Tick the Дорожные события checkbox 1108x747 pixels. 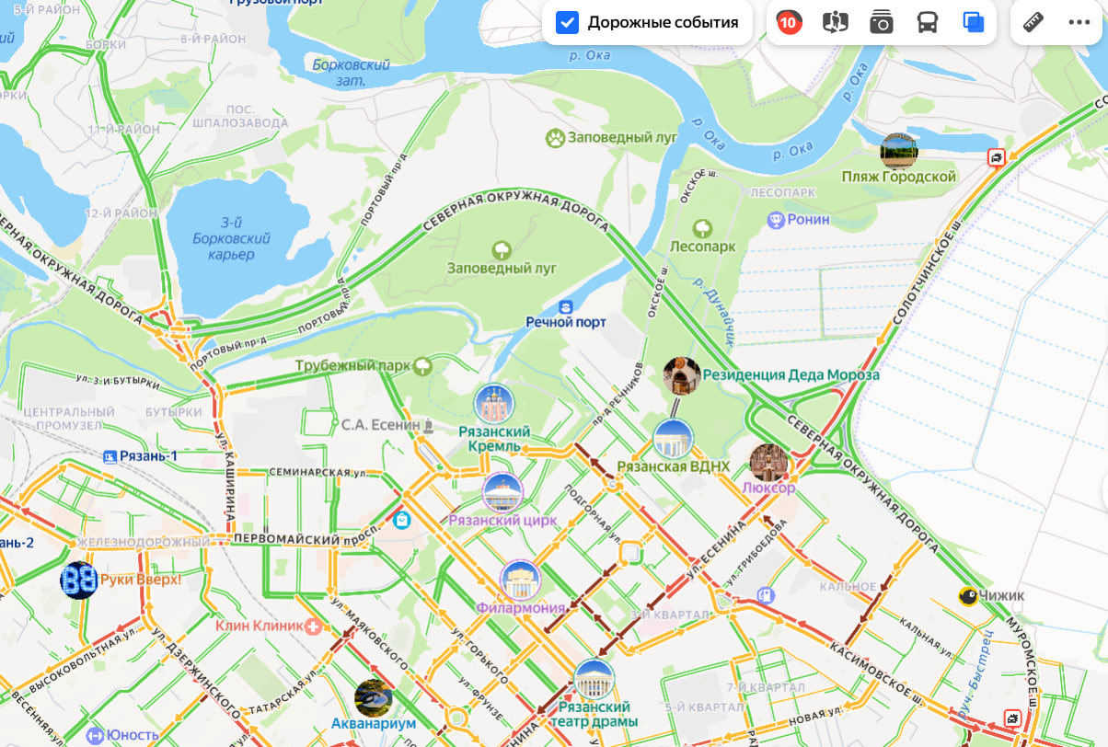click(568, 22)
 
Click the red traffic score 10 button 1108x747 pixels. click(789, 22)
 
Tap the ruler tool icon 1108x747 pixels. click(1033, 22)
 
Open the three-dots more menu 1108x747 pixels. click(1079, 22)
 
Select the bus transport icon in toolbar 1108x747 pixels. click(927, 22)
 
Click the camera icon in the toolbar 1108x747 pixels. click(882, 22)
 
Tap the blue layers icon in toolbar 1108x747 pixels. click(973, 22)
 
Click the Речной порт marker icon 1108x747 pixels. click(566, 305)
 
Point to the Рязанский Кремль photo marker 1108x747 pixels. click(494, 404)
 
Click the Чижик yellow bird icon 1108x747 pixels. click(967, 596)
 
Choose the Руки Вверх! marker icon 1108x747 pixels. click(79, 580)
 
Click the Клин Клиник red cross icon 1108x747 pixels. click(314, 626)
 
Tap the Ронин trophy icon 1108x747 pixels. click(775, 220)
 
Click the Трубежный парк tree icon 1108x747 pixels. click(422, 366)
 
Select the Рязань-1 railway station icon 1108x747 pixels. click(111, 456)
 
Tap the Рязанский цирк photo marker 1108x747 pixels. click(502, 493)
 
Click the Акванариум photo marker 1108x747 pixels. click(374, 698)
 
